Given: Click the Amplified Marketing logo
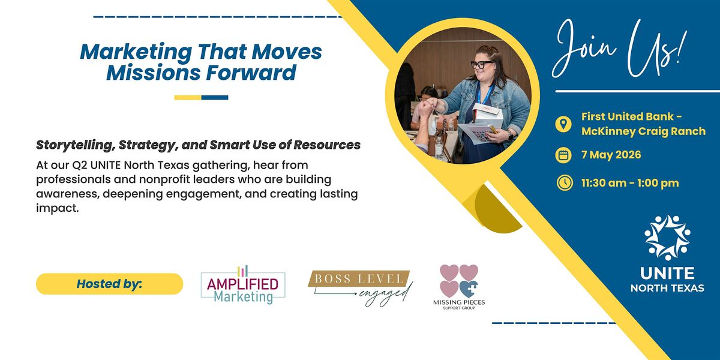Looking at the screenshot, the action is pos(243,285).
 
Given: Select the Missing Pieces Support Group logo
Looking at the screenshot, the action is pos(459,287).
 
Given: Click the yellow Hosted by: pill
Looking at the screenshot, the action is pos(109,284).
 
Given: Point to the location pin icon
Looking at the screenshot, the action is pos(563,124).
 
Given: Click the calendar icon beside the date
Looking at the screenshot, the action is pos(563,155).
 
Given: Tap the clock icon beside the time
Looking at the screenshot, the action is pos(565,182).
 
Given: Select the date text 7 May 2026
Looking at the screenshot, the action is pos(611,155).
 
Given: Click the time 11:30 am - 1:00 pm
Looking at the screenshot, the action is pos(630,183).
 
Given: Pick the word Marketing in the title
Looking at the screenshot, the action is pos(136,52).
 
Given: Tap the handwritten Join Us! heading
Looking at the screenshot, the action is pos(620,48).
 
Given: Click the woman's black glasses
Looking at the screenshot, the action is pos(482,64).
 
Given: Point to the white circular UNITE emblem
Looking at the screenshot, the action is pos(667,238).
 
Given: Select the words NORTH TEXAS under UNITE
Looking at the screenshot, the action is pos(667,288).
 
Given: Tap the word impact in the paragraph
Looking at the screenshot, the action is pos(57,209).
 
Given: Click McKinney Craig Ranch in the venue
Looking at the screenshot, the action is pos(643,131).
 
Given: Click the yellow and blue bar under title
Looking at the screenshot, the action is pos(201,97).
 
